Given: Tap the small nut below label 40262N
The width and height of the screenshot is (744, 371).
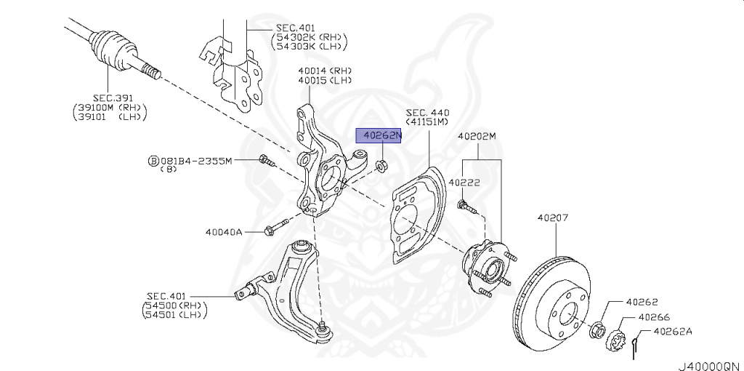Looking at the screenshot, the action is pos(380,167).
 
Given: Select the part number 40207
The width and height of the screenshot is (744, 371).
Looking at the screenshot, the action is pos(553,218).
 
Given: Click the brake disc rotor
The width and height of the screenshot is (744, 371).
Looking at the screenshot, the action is pos(552,303).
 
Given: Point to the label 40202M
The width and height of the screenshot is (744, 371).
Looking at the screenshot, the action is pos(477,136).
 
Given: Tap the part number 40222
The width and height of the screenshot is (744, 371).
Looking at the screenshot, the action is pos(464,182).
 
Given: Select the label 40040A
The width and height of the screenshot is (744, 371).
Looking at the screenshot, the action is pos(224,232).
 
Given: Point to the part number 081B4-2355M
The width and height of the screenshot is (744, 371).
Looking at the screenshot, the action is pos(195,161).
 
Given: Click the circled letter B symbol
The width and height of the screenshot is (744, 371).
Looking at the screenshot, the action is pos(153,161).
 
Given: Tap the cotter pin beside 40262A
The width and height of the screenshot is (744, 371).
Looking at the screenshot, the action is pos(636,345).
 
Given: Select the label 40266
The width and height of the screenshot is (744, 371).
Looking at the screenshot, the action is pos(654,317).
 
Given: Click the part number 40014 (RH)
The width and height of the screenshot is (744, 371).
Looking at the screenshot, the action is pos(325,71).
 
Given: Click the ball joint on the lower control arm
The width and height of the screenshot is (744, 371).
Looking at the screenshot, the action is pos(324,330).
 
